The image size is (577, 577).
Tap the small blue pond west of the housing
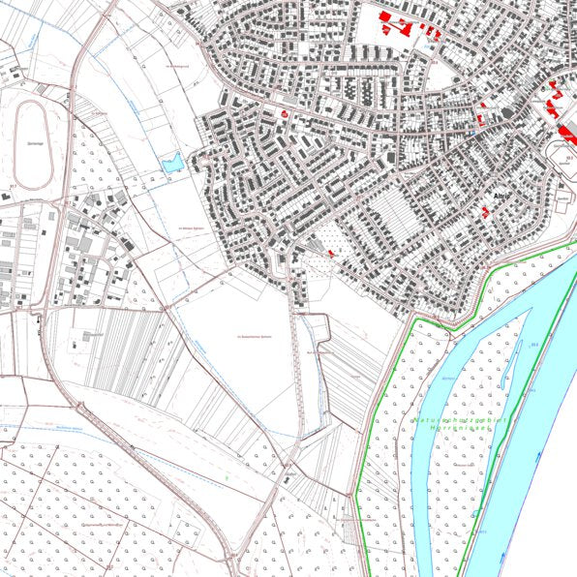(172, 163)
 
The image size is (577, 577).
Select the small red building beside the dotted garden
(330, 253)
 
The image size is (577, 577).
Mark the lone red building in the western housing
(285, 113)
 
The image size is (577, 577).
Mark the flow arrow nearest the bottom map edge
(502, 555)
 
